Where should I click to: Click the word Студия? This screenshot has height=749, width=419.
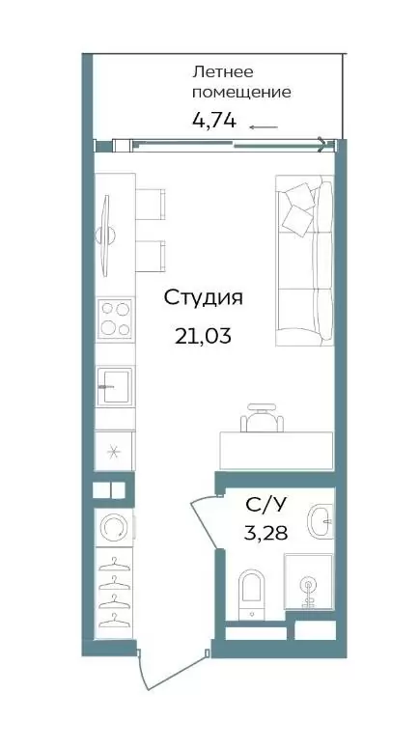tap(203, 298)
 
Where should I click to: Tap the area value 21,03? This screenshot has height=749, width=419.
tap(203, 336)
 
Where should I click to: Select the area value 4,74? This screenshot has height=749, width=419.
tap(213, 120)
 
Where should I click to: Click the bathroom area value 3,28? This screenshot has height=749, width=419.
tap(265, 533)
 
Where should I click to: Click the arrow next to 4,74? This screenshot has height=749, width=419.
tap(264, 127)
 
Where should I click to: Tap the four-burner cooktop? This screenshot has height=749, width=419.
tap(115, 319)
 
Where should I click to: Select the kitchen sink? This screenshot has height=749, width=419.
tap(115, 386)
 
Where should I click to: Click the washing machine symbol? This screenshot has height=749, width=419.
tap(113, 527)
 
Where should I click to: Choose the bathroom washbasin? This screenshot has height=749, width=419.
tap(321, 520)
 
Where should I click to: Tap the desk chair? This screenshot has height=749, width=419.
tap(262, 418)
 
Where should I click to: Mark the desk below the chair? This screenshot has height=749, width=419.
tap(276, 451)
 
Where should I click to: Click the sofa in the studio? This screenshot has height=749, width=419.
tap(305, 260)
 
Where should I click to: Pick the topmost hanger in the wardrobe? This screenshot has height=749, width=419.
tap(114, 564)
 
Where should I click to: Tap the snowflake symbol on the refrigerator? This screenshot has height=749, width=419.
tap(113, 452)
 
